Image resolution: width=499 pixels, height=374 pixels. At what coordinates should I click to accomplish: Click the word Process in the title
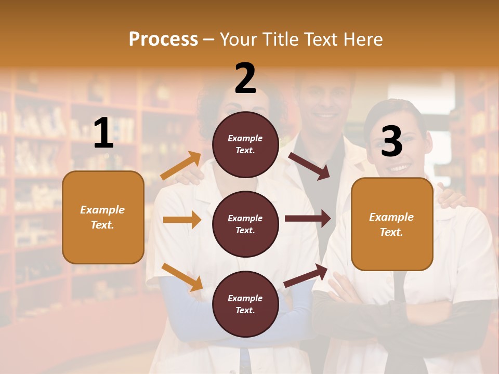[x=163, y=39]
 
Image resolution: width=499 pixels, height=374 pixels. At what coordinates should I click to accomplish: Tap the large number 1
[x=103, y=133]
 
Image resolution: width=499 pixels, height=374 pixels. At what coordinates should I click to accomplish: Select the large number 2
[x=245, y=78]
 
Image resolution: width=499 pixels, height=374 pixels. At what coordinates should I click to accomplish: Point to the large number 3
[x=391, y=141]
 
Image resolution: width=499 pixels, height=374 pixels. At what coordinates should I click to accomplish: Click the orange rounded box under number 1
[x=103, y=217]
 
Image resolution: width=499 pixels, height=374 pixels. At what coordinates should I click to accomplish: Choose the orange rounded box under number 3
[x=392, y=224]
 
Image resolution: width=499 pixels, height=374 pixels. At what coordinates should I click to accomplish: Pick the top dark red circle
[x=245, y=144]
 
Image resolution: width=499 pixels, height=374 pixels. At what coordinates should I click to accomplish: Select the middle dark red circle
[x=245, y=224]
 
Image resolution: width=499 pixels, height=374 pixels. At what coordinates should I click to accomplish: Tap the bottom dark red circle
[x=245, y=304]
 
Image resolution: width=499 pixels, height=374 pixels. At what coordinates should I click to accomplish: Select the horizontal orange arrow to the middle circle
[x=182, y=220]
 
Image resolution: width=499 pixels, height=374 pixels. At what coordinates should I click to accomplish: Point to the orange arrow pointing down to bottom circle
[x=182, y=276]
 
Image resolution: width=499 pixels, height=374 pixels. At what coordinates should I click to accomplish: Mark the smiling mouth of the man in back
[x=326, y=115]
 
